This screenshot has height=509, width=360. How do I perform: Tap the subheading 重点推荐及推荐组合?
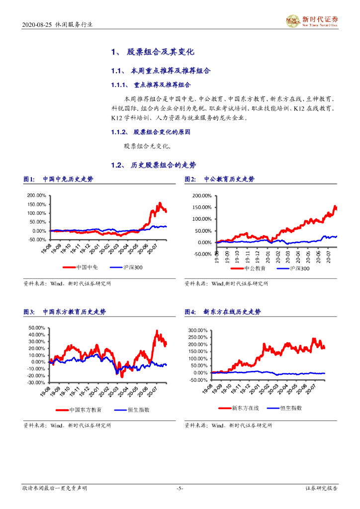pos(163,85)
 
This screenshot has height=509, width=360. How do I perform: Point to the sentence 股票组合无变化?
pos(148,146)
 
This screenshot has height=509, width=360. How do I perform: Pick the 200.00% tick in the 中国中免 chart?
pos(37,195)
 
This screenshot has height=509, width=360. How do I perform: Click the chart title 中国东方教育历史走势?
pos(74,312)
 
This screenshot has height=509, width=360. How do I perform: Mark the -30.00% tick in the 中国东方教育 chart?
pos(37,382)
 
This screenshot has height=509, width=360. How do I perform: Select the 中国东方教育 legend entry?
pos(86,410)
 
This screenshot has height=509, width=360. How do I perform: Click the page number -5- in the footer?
pos(180,489)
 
